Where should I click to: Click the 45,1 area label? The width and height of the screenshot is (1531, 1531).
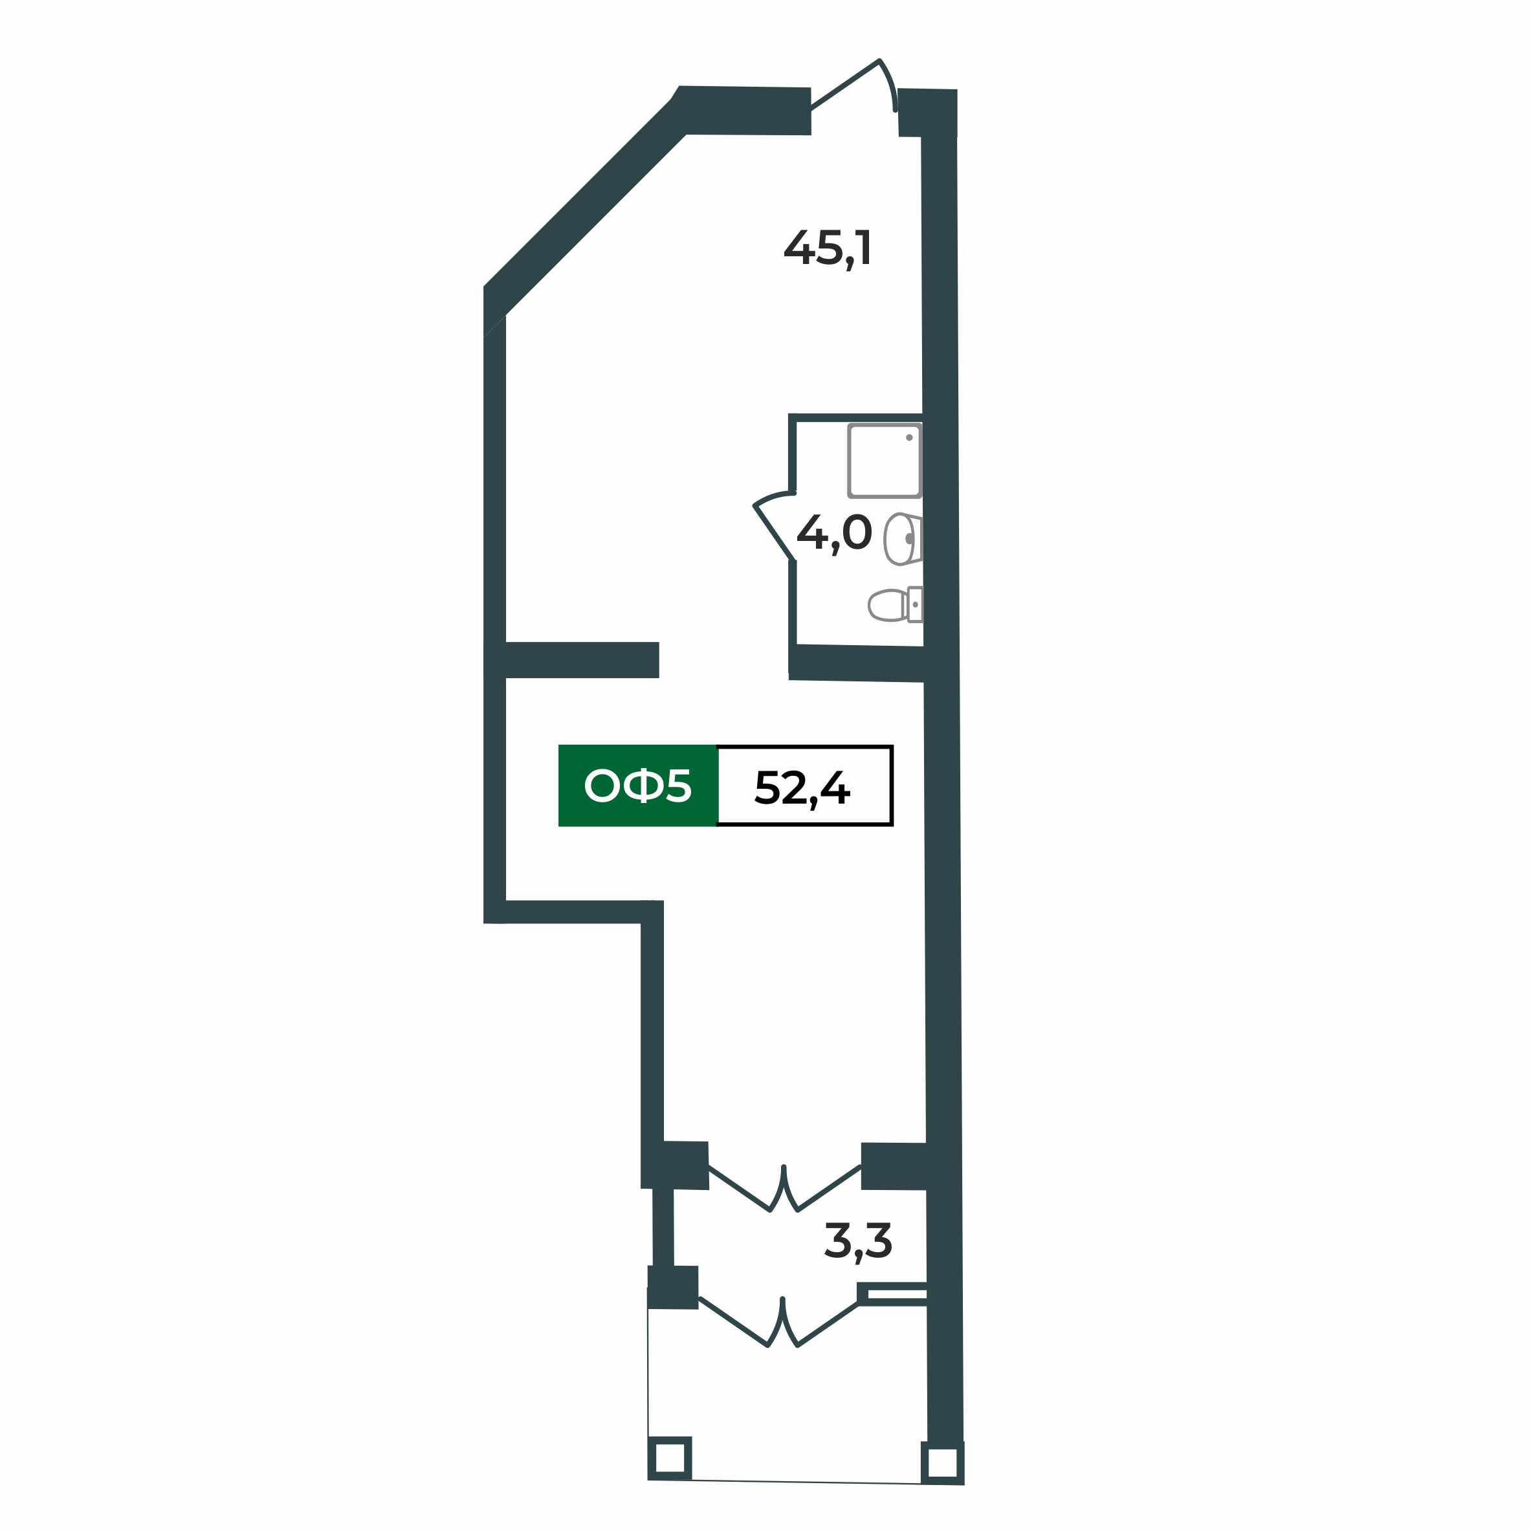coord(828,248)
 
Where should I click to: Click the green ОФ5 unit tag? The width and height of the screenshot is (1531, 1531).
coord(638,786)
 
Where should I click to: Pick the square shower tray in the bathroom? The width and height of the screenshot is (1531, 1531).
coord(885,461)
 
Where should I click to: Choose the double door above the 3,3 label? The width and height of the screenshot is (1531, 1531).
coord(784,1189)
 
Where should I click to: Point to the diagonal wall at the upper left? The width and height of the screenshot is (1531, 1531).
coord(586,206)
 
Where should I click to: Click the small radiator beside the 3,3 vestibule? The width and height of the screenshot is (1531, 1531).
coord(893,1294)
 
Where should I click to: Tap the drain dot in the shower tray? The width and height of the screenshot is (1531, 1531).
coord(909,437)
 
